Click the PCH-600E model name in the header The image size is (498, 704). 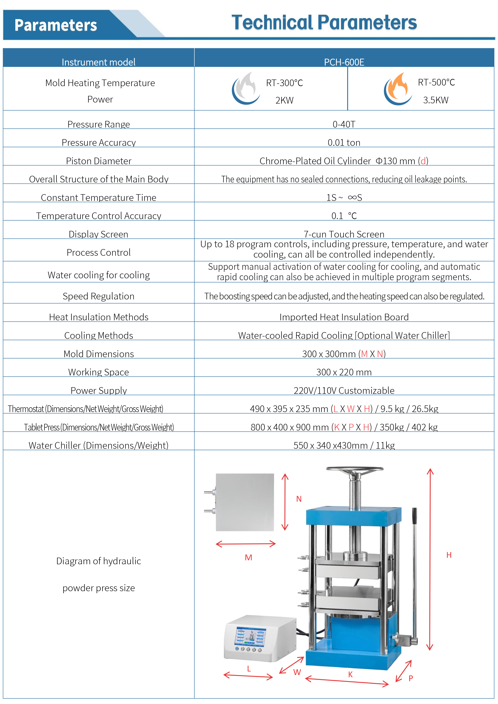click(344, 62)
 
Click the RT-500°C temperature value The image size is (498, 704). click(436, 82)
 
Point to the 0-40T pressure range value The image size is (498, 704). click(344, 124)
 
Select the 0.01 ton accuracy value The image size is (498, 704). click(344, 143)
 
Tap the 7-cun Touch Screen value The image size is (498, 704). click(344, 234)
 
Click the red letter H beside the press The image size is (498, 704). click(449, 555)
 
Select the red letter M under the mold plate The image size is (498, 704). click(249, 557)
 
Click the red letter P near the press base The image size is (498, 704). click(411, 678)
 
